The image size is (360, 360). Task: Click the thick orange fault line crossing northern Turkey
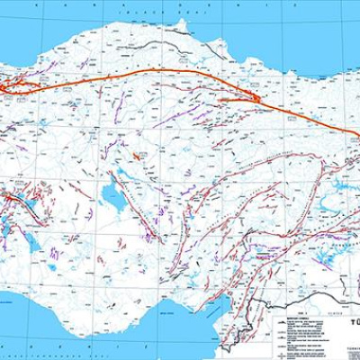click(180, 72)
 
